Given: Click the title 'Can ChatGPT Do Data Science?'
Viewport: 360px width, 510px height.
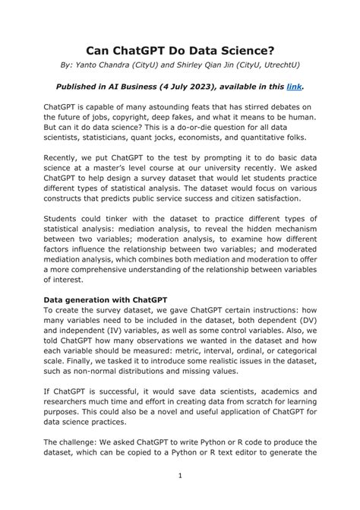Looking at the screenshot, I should [180, 50].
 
